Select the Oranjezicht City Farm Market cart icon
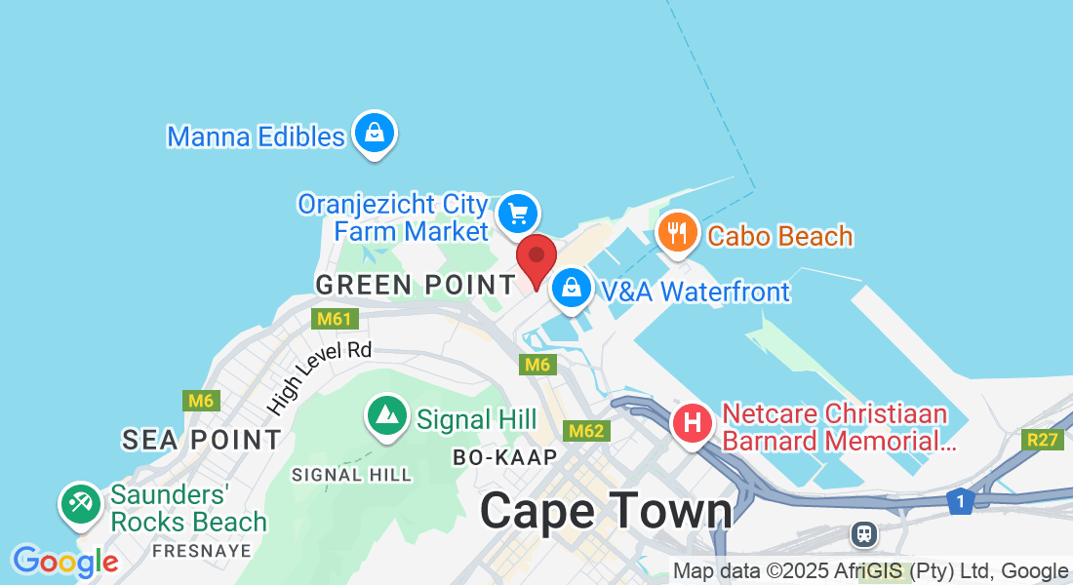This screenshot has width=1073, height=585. pyautogui.click(x=517, y=214)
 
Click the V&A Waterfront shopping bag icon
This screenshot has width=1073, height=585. pyautogui.click(x=571, y=288)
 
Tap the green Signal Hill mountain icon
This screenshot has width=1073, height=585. pyautogui.click(x=387, y=416)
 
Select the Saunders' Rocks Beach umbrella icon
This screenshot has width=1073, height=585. pyautogui.click(x=79, y=504)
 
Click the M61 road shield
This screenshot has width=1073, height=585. pyautogui.click(x=336, y=319)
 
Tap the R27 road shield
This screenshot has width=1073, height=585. pyautogui.click(x=1043, y=440)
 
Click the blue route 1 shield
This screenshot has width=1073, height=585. pyautogui.click(x=960, y=501)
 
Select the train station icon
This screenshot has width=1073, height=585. pyautogui.click(x=862, y=533)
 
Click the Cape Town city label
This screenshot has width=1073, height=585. pyautogui.click(x=606, y=511)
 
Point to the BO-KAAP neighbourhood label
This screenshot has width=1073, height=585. pyautogui.click(x=504, y=457)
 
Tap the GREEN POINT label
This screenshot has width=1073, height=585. pyautogui.click(x=416, y=285)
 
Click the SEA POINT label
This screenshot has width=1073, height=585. pyautogui.click(x=202, y=440)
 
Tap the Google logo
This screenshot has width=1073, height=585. pyautogui.click(x=65, y=562)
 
